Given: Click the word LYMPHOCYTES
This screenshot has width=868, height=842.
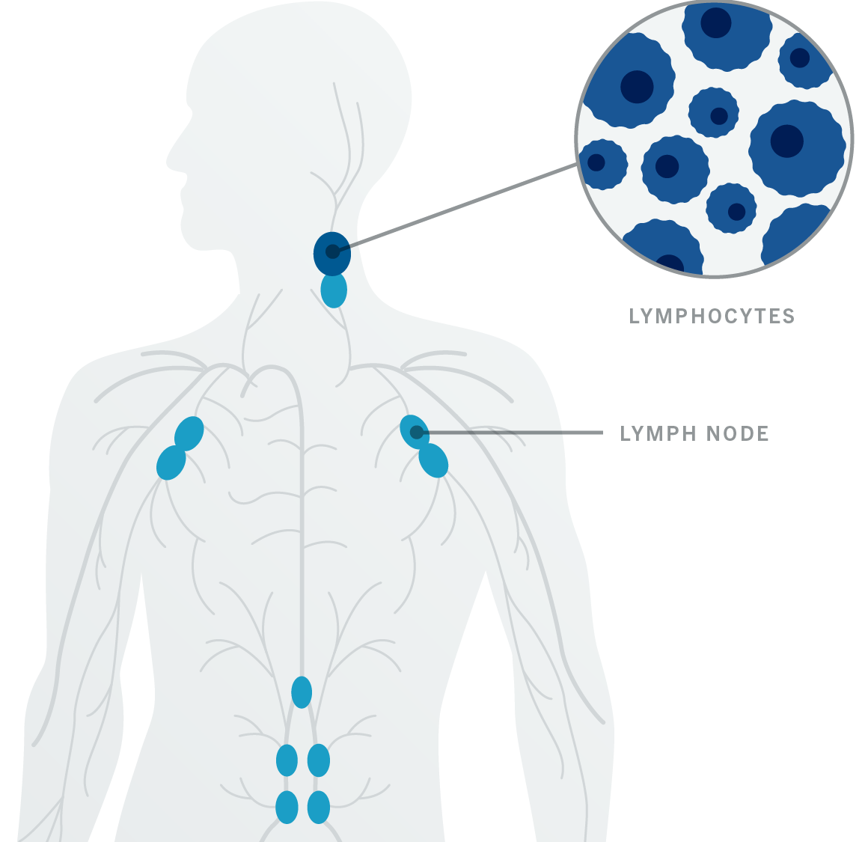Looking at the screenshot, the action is (712, 316).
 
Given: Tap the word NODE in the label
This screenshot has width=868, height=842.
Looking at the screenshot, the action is (738, 433).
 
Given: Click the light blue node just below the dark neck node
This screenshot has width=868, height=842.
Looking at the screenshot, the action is (334, 291).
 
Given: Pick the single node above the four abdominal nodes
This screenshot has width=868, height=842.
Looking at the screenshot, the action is (302, 692).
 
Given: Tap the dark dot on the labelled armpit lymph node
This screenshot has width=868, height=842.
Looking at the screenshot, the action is (417, 433).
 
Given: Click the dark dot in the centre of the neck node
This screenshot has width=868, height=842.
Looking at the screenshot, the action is (333, 251).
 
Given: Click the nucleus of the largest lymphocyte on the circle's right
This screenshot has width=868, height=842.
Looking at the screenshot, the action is (786, 141).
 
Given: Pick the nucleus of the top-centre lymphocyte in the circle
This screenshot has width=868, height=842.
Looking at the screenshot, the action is (716, 22).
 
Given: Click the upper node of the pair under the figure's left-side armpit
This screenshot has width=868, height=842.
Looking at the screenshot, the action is (189, 433).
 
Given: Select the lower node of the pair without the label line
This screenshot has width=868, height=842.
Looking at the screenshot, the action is (171, 463).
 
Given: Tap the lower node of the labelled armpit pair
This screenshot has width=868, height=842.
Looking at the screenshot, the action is (433, 460).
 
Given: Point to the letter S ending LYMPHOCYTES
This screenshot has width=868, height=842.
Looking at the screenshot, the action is (789, 316).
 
